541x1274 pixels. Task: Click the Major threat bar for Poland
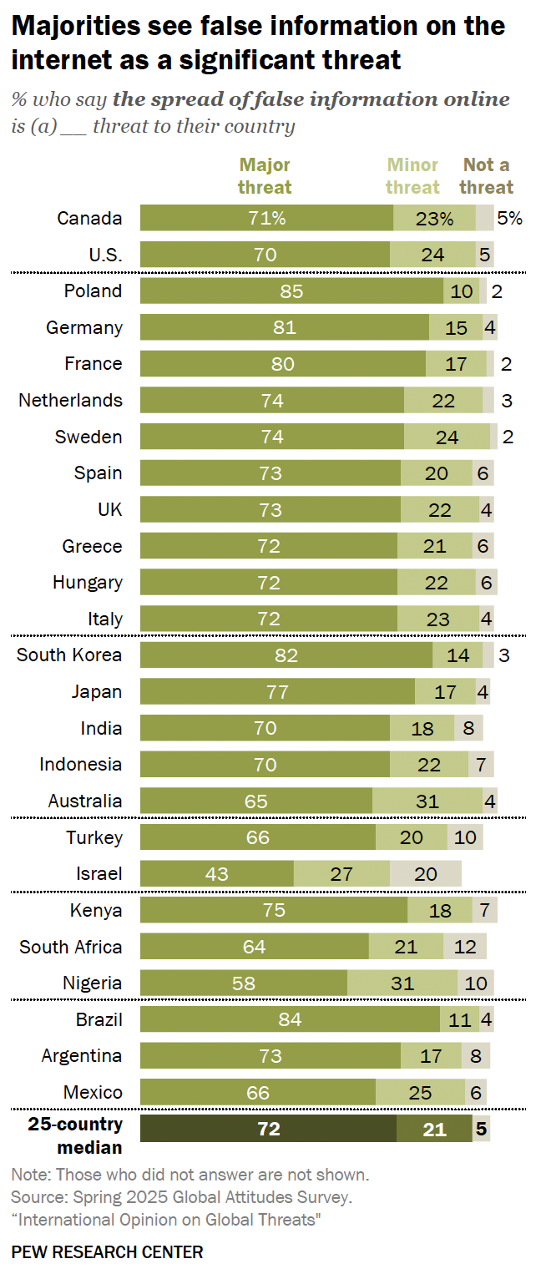click(x=291, y=291)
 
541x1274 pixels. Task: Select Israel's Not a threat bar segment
click(x=425, y=874)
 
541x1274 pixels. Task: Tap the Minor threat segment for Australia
click(x=427, y=801)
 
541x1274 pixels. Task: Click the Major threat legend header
click(x=265, y=175)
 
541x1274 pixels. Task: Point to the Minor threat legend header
click(x=412, y=175)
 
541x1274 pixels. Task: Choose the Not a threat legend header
click(x=487, y=175)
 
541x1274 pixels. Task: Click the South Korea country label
click(x=69, y=655)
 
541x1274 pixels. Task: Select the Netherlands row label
click(x=70, y=401)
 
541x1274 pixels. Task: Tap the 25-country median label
click(x=75, y=1135)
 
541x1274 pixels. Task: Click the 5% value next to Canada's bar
click(x=509, y=219)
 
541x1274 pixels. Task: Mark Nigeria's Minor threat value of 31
click(x=402, y=983)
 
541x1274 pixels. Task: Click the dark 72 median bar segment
click(x=268, y=1130)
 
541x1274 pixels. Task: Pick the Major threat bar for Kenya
click(x=274, y=911)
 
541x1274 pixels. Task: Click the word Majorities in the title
click(x=72, y=27)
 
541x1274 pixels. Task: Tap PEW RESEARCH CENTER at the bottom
click(x=107, y=1252)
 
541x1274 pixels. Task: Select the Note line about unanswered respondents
click(x=190, y=1175)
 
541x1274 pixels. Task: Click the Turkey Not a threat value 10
click(x=464, y=838)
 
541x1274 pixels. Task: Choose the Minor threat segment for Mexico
click(x=420, y=1093)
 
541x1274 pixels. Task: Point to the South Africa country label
click(x=71, y=947)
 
